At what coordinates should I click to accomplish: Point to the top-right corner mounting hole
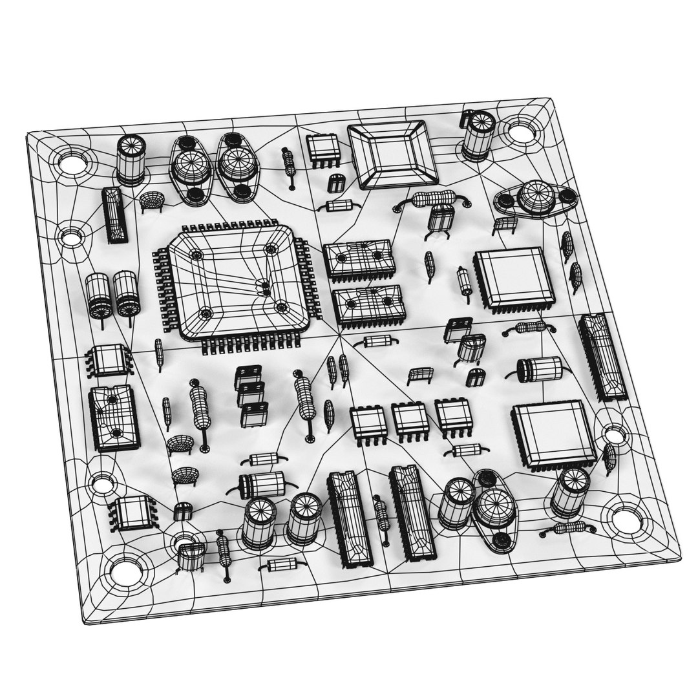(x=520, y=132)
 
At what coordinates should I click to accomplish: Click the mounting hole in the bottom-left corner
(x=125, y=569)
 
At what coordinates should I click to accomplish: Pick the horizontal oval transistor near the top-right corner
(x=534, y=198)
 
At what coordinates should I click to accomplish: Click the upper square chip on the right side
(x=514, y=277)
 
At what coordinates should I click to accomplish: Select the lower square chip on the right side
(x=553, y=433)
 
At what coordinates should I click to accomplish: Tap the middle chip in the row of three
(x=409, y=420)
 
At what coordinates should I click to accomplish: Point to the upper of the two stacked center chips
(x=359, y=258)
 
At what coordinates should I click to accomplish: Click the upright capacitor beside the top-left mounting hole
(x=131, y=159)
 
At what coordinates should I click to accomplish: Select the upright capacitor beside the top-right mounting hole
(x=479, y=135)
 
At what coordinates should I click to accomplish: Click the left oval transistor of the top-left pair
(x=191, y=169)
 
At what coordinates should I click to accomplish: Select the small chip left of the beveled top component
(x=323, y=148)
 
